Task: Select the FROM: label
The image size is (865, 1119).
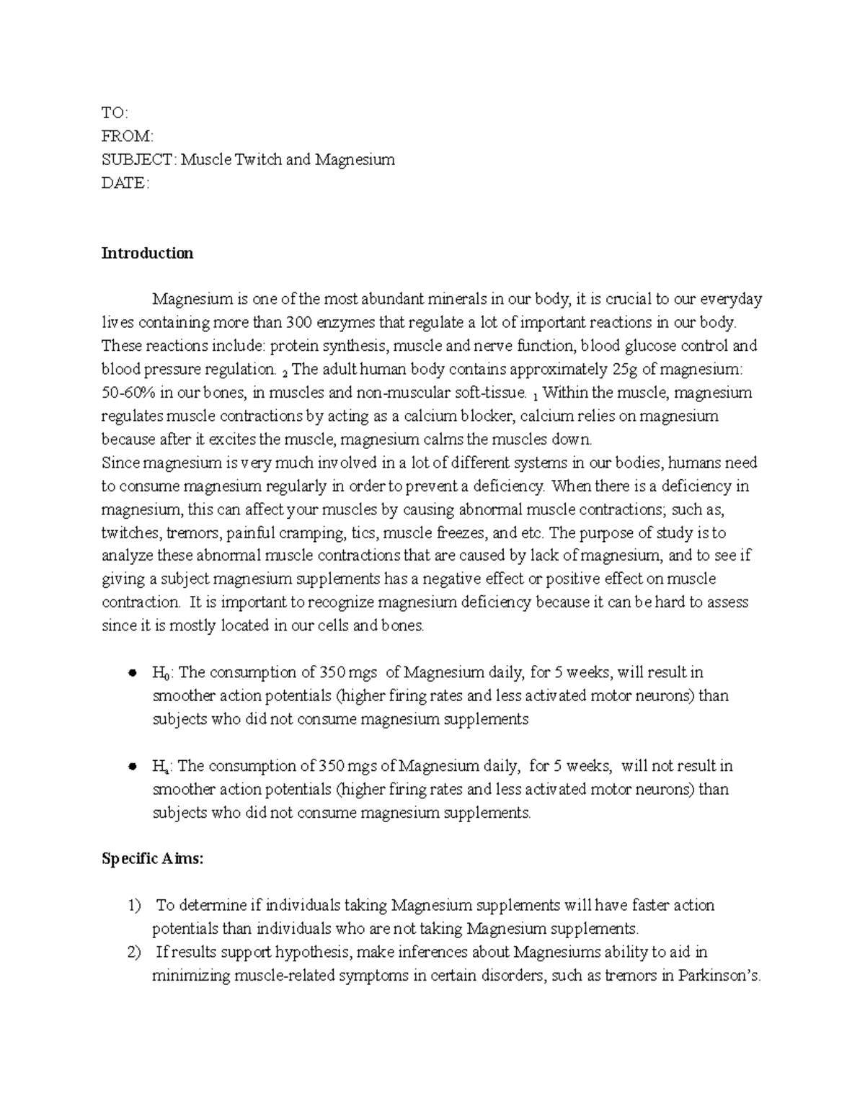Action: click(x=128, y=136)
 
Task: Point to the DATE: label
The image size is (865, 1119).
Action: click(x=125, y=183)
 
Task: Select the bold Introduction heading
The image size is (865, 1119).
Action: click(x=147, y=253)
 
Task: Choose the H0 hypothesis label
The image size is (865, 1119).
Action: click(x=161, y=673)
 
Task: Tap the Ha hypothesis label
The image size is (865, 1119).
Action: click(x=161, y=767)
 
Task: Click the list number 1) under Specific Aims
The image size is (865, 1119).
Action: click(x=133, y=905)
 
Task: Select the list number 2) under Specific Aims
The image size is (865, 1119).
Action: click(x=133, y=952)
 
